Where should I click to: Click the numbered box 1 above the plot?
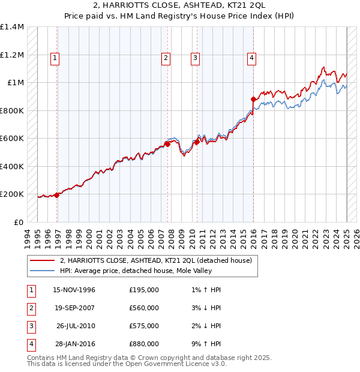click(x=55, y=58)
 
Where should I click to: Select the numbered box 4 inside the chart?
click(x=251, y=58)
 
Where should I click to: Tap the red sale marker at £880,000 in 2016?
click(x=253, y=99)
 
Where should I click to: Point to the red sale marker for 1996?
click(x=57, y=195)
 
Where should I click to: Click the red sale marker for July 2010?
click(x=197, y=142)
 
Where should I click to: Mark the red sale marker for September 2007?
click(x=167, y=144)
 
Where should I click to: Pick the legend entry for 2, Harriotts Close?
click(x=159, y=260)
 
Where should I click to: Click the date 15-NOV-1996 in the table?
click(x=74, y=290)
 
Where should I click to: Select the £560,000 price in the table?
click(x=144, y=308)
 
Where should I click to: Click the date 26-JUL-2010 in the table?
click(x=76, y=326)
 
